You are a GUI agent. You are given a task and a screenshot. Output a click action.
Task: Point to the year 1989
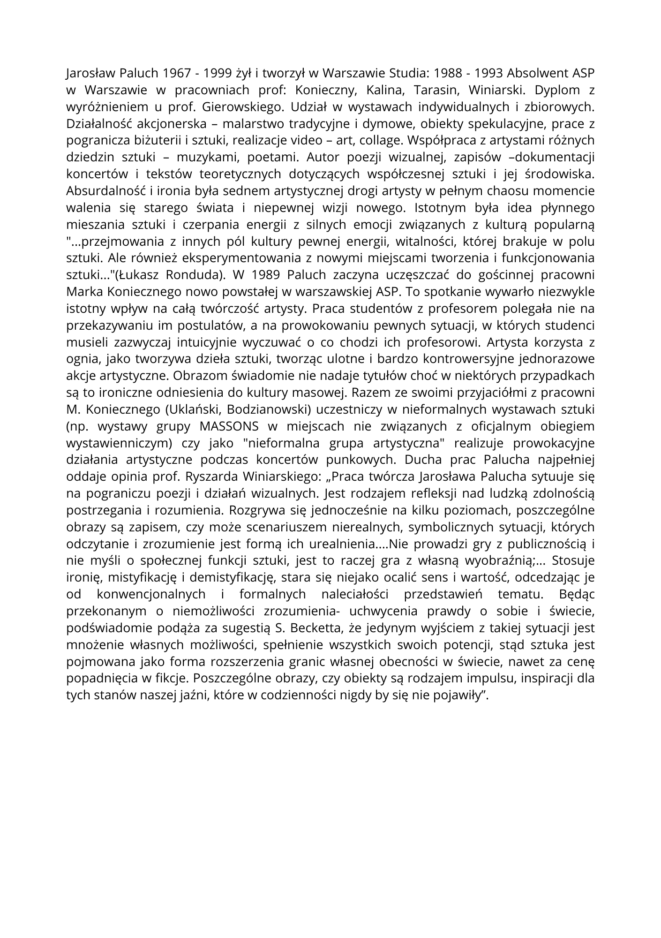click(266, 275)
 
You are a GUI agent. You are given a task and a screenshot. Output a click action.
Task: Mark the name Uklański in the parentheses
click(193, 409)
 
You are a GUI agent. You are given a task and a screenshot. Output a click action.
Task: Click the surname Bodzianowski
click(267, 409)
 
